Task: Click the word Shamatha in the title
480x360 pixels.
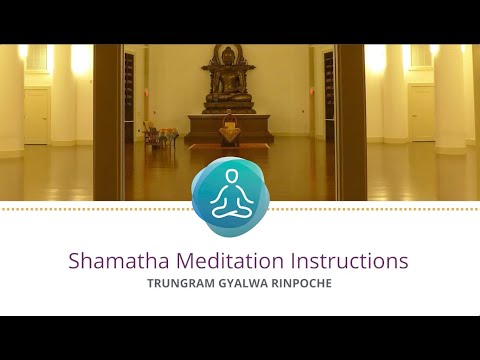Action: coord(111,261)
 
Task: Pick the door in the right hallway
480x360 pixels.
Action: coord(421,112)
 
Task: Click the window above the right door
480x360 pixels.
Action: coord(421,58)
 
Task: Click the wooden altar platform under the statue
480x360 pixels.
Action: coord(228,127)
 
